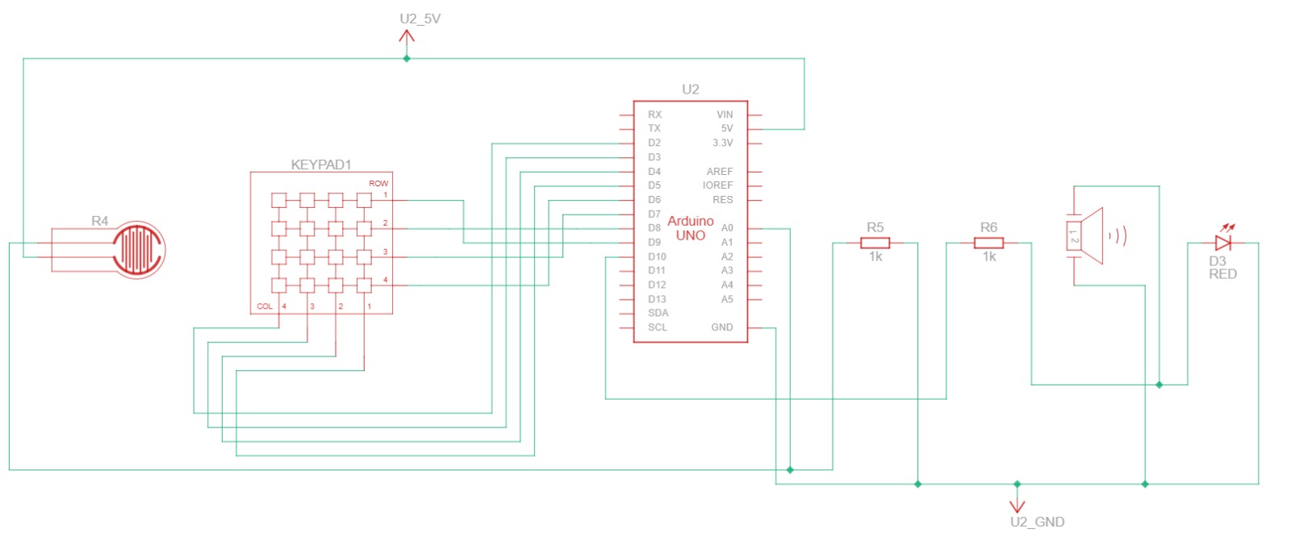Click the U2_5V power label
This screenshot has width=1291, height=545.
(420, 19)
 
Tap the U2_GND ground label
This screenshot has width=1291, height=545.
(1038, 522)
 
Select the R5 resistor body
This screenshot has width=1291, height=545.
(875, 243)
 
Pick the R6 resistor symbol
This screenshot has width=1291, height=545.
(989, 243)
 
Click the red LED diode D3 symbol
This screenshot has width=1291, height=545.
(1223, 243)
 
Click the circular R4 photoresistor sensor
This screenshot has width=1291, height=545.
(138, 249)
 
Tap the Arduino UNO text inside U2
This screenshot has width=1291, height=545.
(691, 228)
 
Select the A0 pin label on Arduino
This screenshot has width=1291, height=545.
(727, 228)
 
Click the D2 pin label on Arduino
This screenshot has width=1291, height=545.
(654, 143)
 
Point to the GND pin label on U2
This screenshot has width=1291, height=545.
(722, 327)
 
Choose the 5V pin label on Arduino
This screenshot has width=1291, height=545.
(727, 128)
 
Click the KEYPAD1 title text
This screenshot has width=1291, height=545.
(321, 164)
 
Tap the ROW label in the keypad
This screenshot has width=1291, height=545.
(378, 183)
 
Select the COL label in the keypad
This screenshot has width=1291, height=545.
(265, 306)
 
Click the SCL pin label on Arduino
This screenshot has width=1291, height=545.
(657, 327)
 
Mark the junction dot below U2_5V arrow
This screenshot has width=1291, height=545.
(407, 59)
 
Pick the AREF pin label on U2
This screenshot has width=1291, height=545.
(720, 171)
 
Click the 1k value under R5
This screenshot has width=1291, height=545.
(875, 257)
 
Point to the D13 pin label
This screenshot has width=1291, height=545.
(657, 299)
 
